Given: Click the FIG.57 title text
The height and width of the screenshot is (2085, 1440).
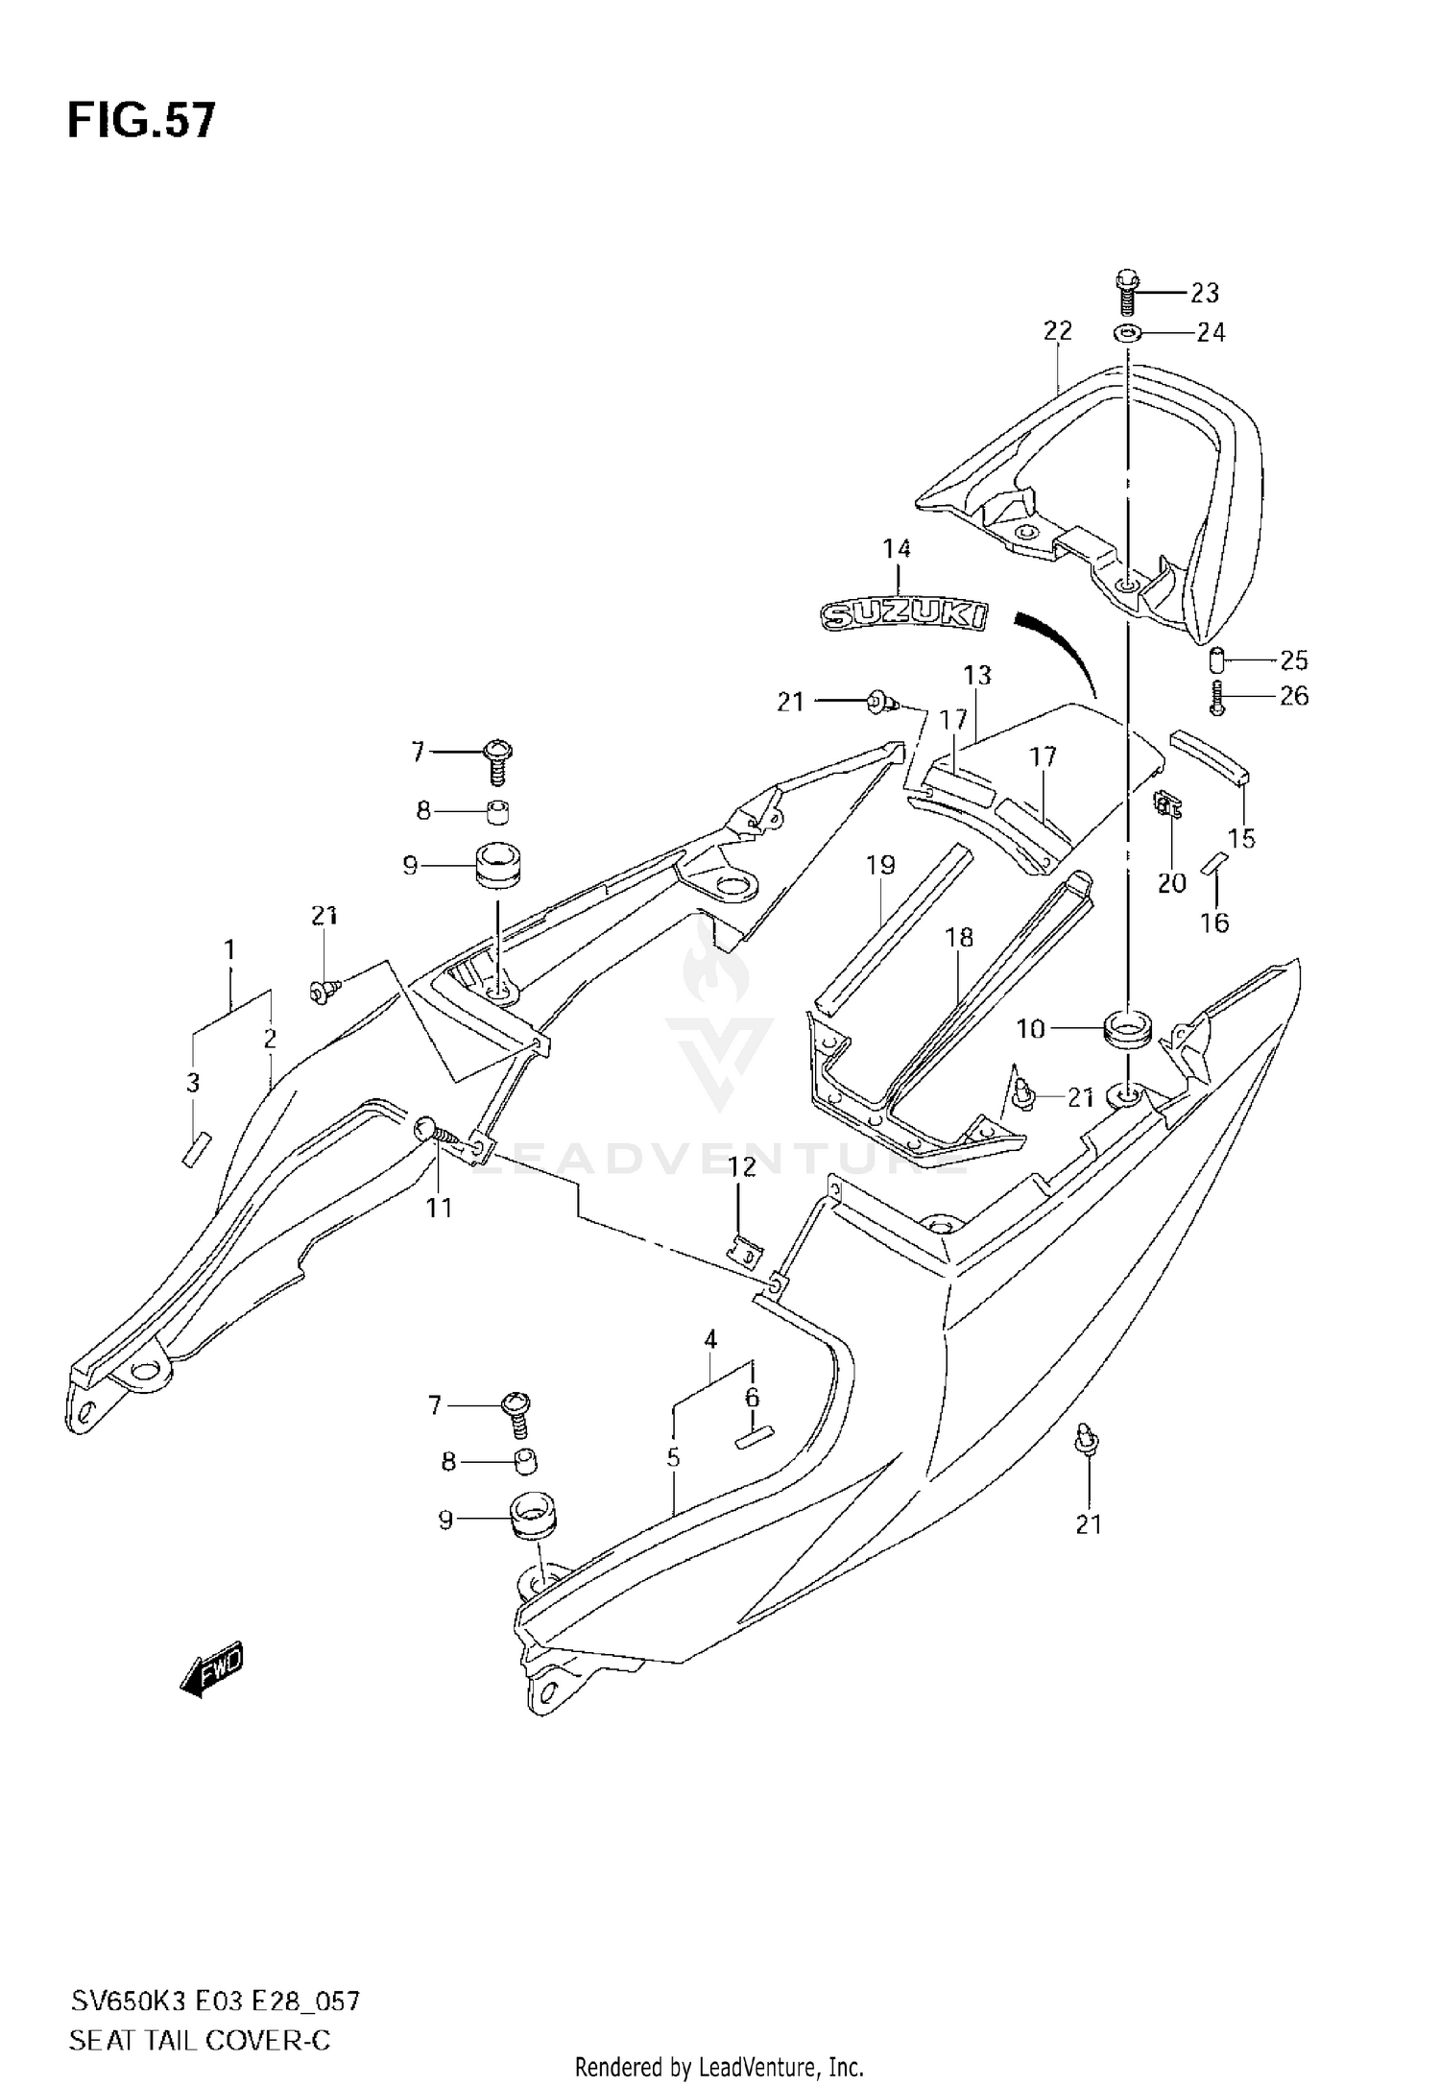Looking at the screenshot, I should tap(141, 122).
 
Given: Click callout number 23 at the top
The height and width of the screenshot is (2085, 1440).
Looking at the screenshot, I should tap(1204, 292).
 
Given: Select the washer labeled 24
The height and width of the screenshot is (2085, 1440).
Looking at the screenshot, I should tap(1126, 333).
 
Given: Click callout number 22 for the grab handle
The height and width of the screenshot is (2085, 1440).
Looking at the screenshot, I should tap(1057, 331).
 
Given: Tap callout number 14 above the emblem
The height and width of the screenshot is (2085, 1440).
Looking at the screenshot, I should tap(897, 549).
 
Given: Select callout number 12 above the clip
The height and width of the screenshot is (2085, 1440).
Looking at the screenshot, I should tap(742, 1167).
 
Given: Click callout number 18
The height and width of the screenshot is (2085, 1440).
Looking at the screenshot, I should tap(959, 937).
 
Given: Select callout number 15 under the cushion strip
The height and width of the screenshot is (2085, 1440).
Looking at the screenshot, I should tap(1240, 838).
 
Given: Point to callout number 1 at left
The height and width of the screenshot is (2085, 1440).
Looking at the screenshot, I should tap(229, 950).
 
